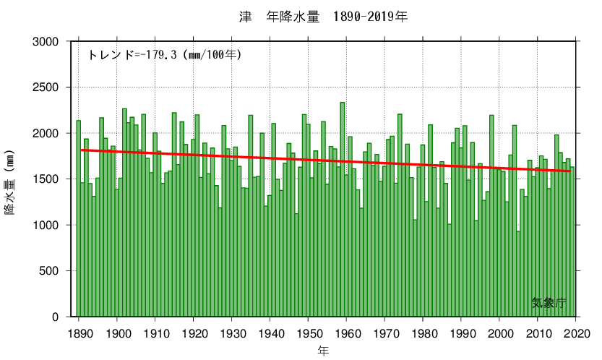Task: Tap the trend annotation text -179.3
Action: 164,54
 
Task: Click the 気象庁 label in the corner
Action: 549,303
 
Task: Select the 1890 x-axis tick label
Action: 79,333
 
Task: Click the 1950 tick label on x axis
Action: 309,333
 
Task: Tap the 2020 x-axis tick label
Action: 576,333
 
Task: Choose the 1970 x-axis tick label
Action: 385,333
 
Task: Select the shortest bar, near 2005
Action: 518,275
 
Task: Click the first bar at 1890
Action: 79,217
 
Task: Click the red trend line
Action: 325,160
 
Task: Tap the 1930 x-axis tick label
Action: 232,333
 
